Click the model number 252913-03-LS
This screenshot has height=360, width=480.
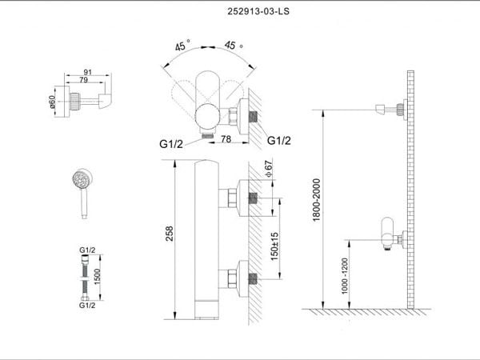(258, 12)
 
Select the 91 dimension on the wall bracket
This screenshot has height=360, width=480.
(88, 72)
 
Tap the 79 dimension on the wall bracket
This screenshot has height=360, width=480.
(83, 80)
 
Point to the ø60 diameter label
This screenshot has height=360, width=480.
(52, 102)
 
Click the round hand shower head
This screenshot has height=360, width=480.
(82, 178)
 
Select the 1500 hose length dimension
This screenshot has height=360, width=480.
(98, 277)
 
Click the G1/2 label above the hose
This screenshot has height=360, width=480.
(87, 250)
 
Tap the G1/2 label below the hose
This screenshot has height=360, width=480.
(87, 306)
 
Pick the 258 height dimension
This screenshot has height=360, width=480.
(170, 234)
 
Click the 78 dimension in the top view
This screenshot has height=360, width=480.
(226, 139)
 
